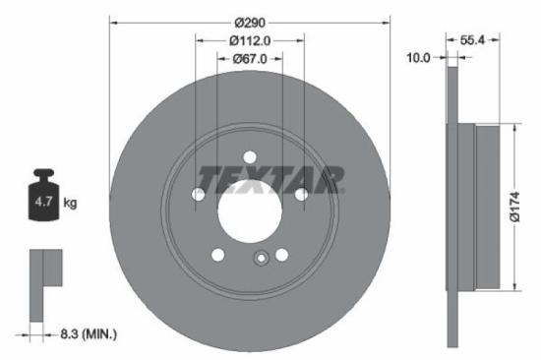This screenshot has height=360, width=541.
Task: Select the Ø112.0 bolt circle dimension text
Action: [x=249, y=40]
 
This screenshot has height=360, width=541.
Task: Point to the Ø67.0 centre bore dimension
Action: [x=249, y=60]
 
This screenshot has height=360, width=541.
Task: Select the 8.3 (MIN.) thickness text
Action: [x=88, y=335]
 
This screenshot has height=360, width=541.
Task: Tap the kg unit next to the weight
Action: [x=70, y=203]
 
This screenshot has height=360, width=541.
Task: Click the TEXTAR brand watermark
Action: [x=271, y=179]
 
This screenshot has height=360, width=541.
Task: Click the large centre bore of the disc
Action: [x=249, y=210]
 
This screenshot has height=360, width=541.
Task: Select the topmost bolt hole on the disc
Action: [x=249, y=156]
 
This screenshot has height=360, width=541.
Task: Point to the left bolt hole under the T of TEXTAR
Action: [x=198, y=195]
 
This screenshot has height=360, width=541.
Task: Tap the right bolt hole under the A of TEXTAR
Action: [x=300, y=195]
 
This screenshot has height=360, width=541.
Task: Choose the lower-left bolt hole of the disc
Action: [x=217, y=255]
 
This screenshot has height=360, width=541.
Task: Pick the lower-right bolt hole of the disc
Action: [x=281, y=255]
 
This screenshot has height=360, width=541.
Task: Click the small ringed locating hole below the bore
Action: [x=262, y=259]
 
